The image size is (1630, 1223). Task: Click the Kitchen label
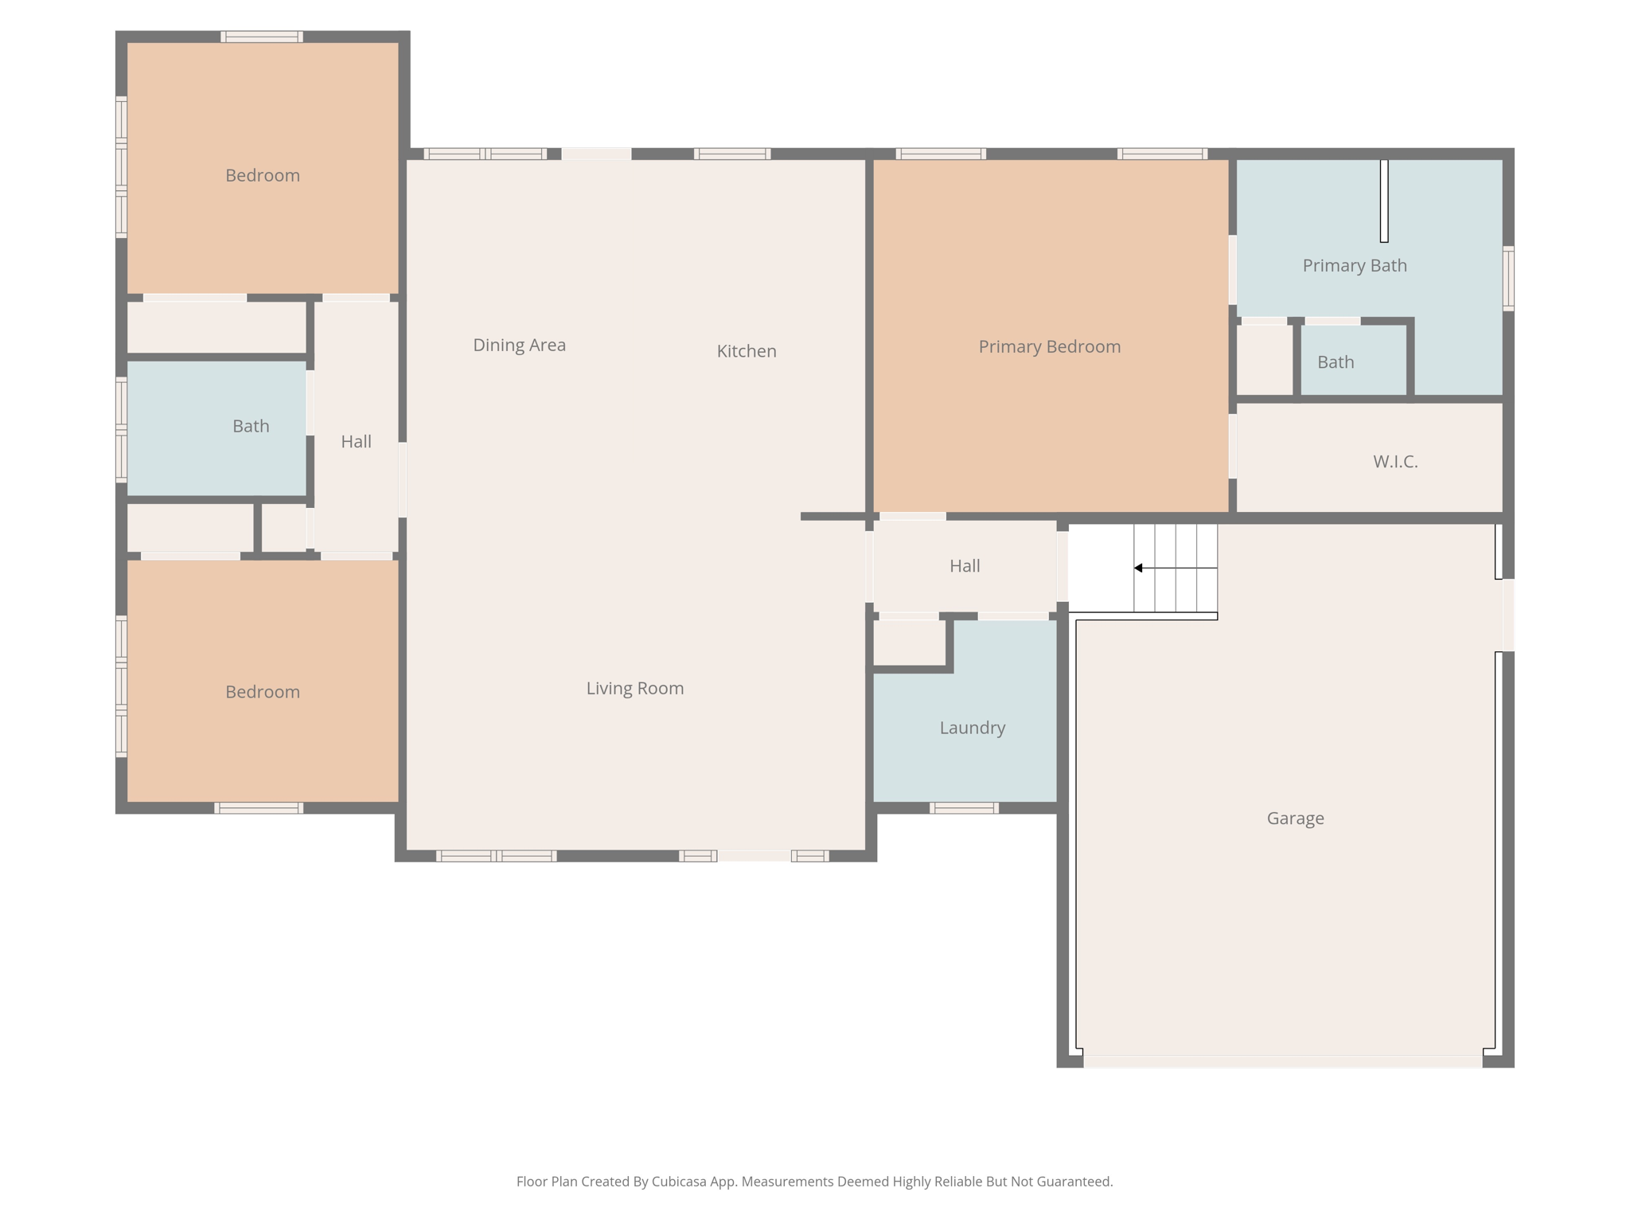click(747, 351)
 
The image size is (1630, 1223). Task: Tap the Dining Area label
click(519, 346)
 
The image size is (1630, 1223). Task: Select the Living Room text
click(635, 689)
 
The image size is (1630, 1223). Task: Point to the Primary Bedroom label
click(1050, 347)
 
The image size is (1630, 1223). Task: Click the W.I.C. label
click(1395, 462)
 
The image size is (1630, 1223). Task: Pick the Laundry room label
click(973, 728)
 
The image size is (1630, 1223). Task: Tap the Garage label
click(1296, 819)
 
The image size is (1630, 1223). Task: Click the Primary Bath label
click(1355, 266)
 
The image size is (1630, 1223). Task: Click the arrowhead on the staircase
click(1139, 568)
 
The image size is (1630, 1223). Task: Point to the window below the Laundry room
click(964, 808)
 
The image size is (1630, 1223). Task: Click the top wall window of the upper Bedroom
click(262, 37)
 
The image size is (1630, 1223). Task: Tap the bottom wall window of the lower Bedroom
click(259, 808)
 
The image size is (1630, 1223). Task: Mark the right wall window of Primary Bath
click(1508, 279)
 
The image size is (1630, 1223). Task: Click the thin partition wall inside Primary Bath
click(1384, 201)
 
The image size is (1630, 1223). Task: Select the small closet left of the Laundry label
click(910, 642)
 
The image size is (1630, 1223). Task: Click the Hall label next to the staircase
click(965, 566)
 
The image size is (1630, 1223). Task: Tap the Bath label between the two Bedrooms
click(251, 427)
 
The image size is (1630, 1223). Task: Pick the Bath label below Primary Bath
click(1336, 362)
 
